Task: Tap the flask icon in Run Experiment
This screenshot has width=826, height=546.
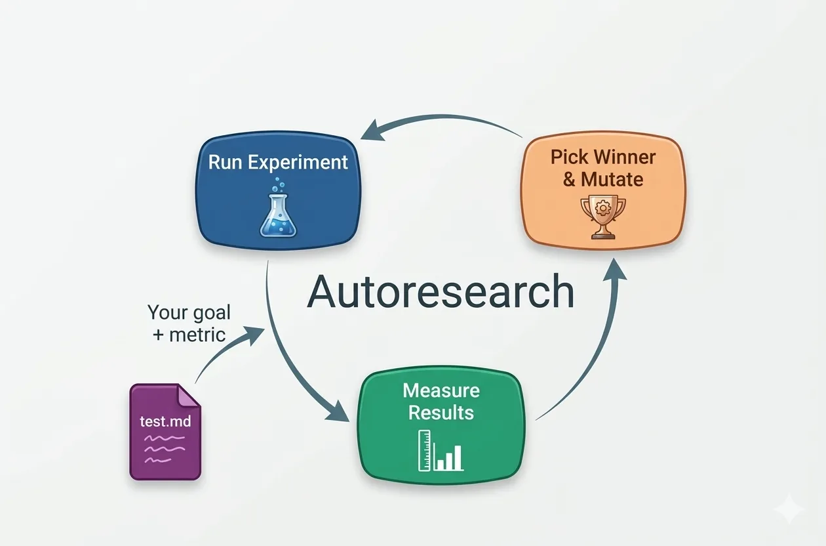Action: (x=278, y=211)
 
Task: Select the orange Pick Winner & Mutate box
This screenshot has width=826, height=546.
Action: (x=602, y=193)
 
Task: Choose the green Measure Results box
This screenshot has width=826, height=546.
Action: (x=441, y=426)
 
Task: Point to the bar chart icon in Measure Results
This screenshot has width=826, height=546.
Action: (x=441, y=451)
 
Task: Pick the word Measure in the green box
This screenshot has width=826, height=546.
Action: (x=441, y=392)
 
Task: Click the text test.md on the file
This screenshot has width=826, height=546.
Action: (x=165, y=421)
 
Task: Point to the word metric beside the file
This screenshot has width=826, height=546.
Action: (x=197, y=334)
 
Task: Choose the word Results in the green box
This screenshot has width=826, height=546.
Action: (x=441, y=412)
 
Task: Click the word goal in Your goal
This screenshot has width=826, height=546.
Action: (x=208, y=312)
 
